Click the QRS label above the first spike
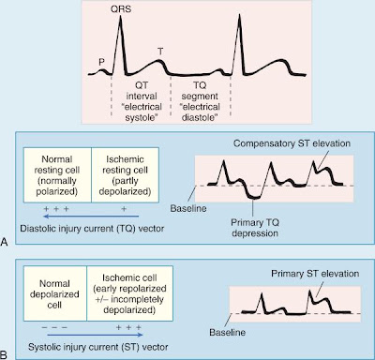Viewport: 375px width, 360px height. click(121, 9)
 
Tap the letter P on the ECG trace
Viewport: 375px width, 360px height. click(101, 62)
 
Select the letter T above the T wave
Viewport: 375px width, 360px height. click(160, 52)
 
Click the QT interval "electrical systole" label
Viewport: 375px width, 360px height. click(142, 101)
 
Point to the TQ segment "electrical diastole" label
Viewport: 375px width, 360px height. click(200, 101)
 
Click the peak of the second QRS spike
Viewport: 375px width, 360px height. click(240, 15)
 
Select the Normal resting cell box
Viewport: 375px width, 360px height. click(57, 175)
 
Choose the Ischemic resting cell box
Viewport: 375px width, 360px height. click(125, 175)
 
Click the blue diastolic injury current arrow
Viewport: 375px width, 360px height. click(91, 216)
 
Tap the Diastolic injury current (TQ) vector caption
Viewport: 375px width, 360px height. click(92, 229)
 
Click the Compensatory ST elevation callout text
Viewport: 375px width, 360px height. click(292, 143)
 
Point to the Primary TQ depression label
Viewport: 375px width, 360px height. click(255, 228)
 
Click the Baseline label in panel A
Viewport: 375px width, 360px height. click(188, 208)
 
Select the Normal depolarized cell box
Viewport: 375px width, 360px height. click(55, 293)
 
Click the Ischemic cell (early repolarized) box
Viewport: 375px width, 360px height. click(129, 293)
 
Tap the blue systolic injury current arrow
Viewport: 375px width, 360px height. click(95, 335)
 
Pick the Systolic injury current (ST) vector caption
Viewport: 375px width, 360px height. click(98, 347)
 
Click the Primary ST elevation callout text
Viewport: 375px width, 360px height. click(315, 274)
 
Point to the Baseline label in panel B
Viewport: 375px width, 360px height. click(227, 332)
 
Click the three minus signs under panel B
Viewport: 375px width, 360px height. click(54, 327)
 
